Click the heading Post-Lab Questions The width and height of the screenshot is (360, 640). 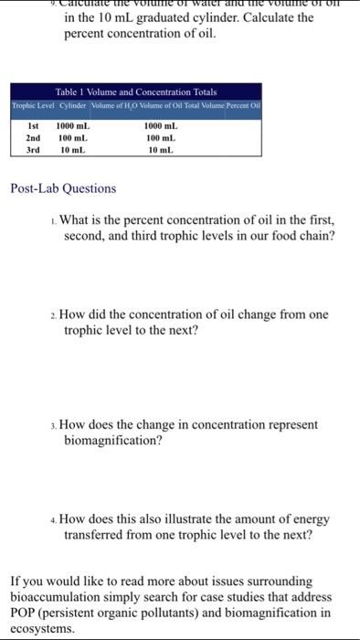(63, 188)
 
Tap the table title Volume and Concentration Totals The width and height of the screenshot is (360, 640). (136, 92)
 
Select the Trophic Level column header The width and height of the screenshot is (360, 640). (34, 107)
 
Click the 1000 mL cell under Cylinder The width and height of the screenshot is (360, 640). (74, 125)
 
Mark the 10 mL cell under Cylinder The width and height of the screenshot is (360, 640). (72, 149)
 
